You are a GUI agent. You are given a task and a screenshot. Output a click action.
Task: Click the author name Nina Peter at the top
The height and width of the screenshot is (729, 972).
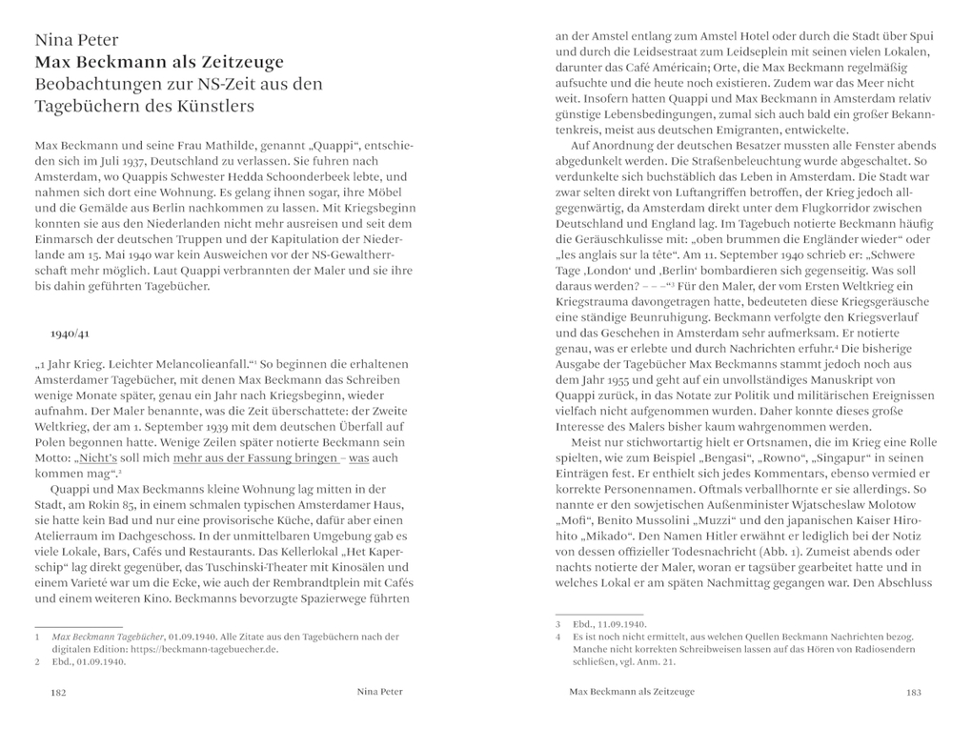point(76,40)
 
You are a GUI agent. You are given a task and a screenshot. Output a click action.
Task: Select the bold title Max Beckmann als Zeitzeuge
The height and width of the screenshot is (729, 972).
point(159,63)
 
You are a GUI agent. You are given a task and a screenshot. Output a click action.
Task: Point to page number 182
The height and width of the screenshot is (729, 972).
point(57,693)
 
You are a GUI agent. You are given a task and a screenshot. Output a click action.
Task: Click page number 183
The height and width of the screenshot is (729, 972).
point(914,693)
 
